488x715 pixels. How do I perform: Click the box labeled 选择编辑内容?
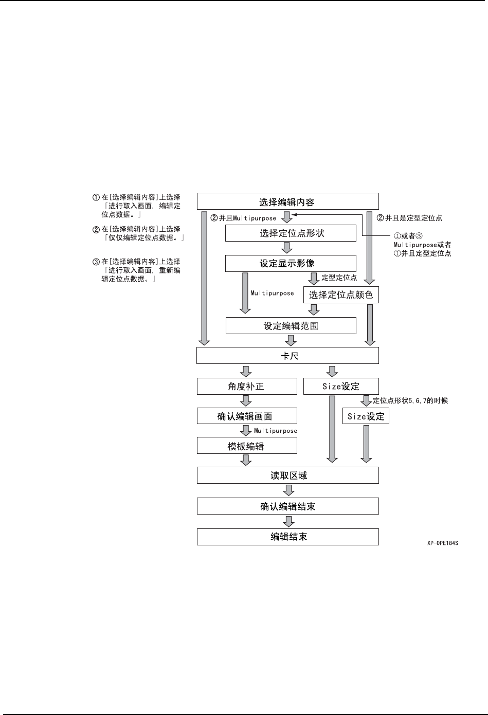click(287, 201)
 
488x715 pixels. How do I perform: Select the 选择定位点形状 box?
click(291, 233)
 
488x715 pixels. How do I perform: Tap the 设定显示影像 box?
click(291, 263)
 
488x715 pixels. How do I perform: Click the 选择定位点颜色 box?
click(341, 295)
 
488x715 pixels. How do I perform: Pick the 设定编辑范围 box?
click(291, 325)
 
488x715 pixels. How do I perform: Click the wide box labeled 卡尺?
click(287, 355)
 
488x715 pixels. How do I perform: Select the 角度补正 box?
click(247, 386)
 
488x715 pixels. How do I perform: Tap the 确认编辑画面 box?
click(247, 416)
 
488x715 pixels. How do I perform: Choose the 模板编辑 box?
click(247, 446)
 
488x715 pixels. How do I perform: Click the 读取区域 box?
click(287, 475)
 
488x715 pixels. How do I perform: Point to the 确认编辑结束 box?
click(287, 506)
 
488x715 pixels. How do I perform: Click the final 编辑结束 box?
click(287, 537)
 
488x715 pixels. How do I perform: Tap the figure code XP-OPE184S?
click(442, 543)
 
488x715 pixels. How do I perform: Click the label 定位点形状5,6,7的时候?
click(410, 400)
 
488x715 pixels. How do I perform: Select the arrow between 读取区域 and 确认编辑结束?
click(288, 491)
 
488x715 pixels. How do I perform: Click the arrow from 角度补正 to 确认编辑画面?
click(246, 401)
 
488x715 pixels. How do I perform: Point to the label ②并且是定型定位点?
click(409, 218)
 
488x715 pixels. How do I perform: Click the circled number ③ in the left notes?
click(96, 262)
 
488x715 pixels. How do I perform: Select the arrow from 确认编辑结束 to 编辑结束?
click(288, 522)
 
